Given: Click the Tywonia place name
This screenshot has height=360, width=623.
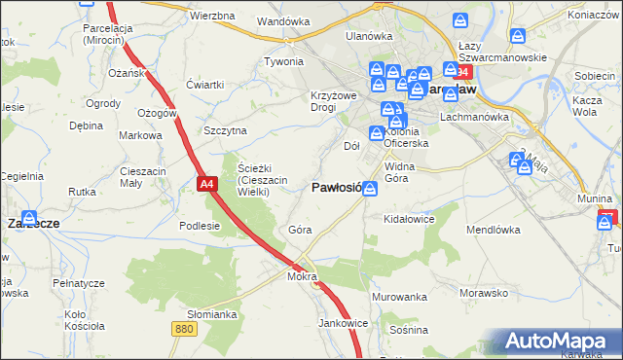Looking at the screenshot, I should pyautogui.click(x=284, y=61).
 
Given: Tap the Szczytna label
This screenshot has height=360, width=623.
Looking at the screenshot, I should pyautogui.click(x=225, y=130).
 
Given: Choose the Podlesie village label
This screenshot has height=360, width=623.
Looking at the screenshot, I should pyautogui.click(x=201, y=225).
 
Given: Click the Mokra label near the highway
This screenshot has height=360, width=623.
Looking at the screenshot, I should pyautogui.click(x=303, y=277).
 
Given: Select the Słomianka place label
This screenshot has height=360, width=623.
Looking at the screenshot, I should pyautogui.click(x=212, y=314).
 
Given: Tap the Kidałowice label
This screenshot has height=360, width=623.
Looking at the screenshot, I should pyautogui.click(x=409, y=220).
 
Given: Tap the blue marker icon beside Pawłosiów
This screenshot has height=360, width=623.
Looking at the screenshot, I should pyautogui.click(x=370, y=191).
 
